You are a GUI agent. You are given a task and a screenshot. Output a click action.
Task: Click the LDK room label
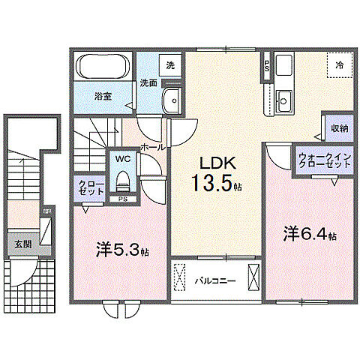tap(217, 164)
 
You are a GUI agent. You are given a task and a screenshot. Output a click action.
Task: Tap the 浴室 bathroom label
tap(103, 96)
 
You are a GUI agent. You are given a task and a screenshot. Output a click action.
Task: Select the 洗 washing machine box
tap(171, 65)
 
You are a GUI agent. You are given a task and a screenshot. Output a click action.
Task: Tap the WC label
tap(121, 159)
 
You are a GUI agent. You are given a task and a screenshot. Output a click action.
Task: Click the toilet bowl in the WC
tap(121, 180)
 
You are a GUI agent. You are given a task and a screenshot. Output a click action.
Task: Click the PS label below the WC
tap(121, 199)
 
